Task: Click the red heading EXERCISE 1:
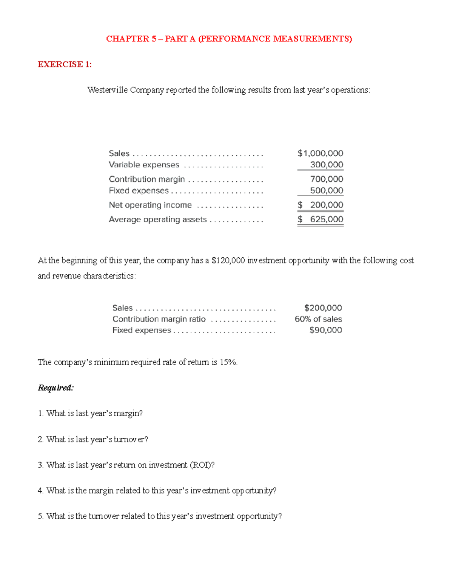pos(65,65)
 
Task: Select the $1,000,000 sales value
pos(320,153)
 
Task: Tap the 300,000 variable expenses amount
pos(327,165)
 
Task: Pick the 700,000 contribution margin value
pos(327,179)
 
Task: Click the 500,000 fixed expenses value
pos(327,191)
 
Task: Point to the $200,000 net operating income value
pos(320,205)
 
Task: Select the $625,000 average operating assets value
pos(320,219)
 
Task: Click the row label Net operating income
pos(150,205)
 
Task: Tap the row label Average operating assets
pos(157,219)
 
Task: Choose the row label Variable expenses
pos(144,165)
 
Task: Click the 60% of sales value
pos(318,319)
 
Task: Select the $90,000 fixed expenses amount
pos(325,330)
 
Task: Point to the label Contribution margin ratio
pos(159,319)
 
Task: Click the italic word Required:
pos(55,388)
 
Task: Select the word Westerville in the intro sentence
pos(108,90)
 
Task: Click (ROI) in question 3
pos(202,465)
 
